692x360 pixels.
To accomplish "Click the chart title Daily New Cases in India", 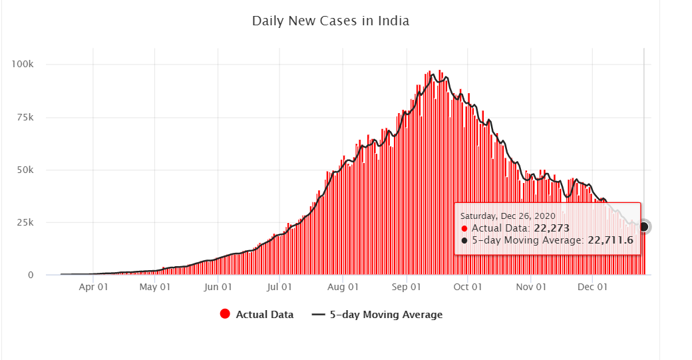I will pyautogui.click(x=330, y=21).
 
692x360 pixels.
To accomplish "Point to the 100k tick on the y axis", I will pyautogui.click(x=31, y=64).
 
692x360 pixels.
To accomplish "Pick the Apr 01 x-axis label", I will pyautogui.click(x=94, y=287).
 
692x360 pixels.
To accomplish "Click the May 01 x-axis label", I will pyautogui.click(x=155, y=287).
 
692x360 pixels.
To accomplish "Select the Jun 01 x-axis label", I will pyautogui.click(x=218, y=287).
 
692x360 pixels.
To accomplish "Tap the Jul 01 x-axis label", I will pyautogui.click(x=279, y=287).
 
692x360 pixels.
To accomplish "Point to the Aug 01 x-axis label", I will pyautogui.click(x=343, y=287).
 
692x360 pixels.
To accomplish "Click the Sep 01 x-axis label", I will pyautogui.click(x=407, y=287).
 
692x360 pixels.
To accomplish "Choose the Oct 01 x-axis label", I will pyautogui.click(x=468, y=287).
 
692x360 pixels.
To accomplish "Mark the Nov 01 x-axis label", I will pyautogui.click(x=531, y=287).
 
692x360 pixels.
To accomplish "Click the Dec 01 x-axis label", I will pyautogui.click(x=593, y=287).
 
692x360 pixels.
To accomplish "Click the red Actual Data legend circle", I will pyautogui.click(x=225, y=315).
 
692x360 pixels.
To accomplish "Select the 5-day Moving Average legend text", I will pyautogui.click(x=386, y=315).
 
